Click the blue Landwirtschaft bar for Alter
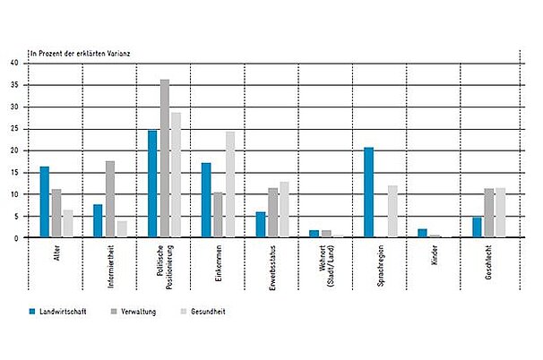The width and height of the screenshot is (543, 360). pyautogui.click(x=44, y=201)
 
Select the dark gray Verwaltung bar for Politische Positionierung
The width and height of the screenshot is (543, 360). pyautogui.click(x=165, y=159)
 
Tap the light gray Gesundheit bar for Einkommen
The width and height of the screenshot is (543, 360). pyautogui.click(x=230, y=184)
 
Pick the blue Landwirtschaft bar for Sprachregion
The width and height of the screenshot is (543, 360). pyautogui.click(x=368, y=193)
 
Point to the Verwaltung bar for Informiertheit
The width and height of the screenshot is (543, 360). pyautogui.click(x=110, y=199)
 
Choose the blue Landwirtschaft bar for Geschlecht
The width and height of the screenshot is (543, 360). pyautogui.click(x=478, y=227)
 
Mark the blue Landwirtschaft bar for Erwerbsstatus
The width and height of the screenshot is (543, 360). pyautogui.click(x=261, y=225)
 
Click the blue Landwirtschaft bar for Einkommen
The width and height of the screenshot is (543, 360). pyautogui.click(x=206, y=200)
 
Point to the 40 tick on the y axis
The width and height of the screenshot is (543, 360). pyautogui.click(x=14, y=63)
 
